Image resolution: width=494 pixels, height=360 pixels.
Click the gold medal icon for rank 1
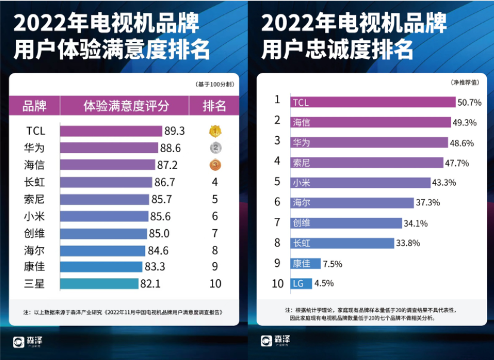click(215, 131)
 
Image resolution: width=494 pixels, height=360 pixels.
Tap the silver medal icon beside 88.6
click(215, 147)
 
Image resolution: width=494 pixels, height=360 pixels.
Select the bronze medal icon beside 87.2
click(215, 165)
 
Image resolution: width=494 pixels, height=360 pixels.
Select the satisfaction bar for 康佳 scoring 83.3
click(101, 267)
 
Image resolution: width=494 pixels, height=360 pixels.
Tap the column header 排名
click(215, 106)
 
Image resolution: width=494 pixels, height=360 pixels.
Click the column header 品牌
click(34, 106)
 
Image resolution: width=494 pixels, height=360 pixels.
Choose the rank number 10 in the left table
click(215, 284)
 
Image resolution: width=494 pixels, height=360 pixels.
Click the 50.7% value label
click(470, 102)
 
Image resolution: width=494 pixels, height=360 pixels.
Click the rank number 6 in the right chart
click(277, 202)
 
